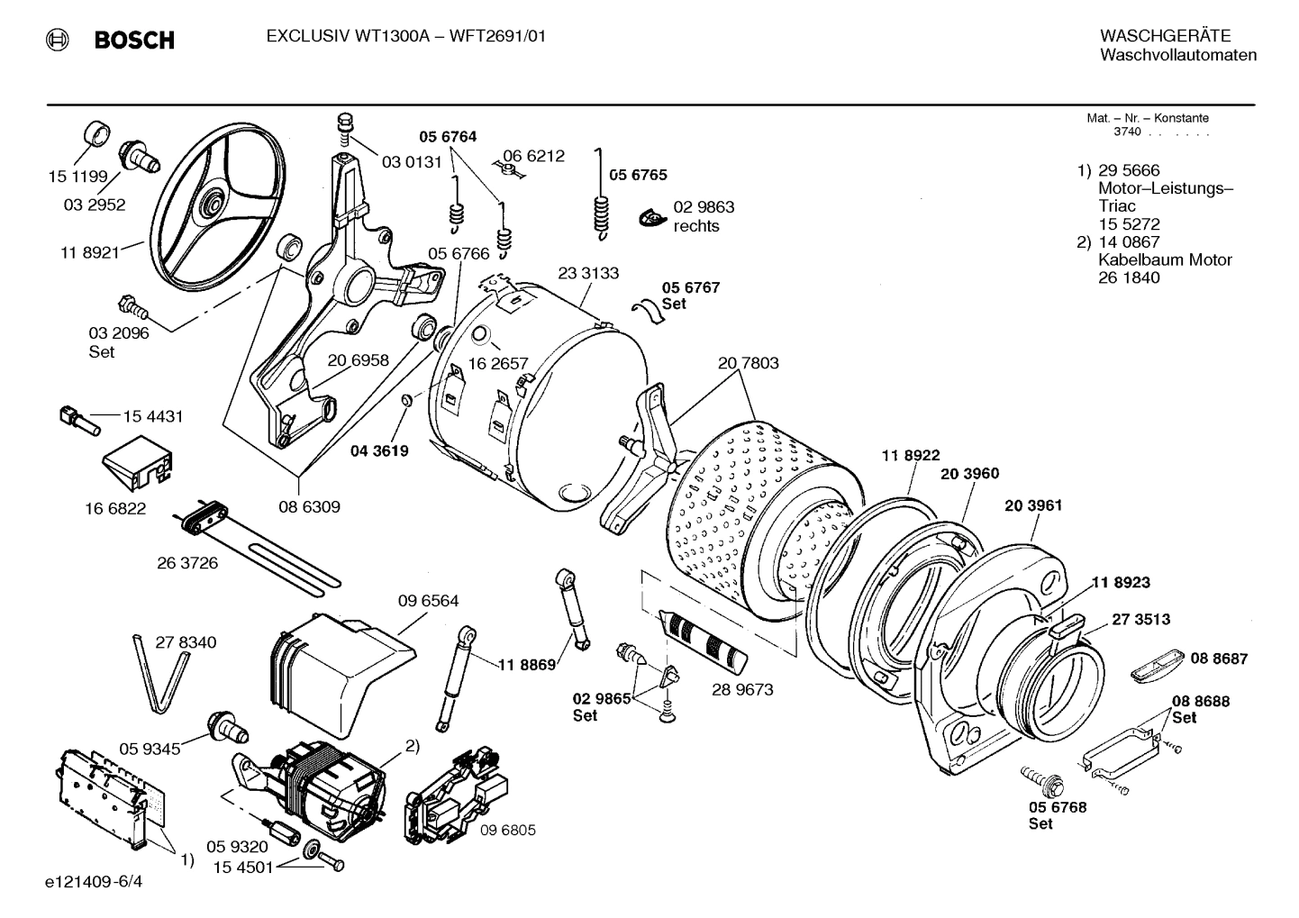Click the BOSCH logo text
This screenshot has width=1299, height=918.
tap(133, 40)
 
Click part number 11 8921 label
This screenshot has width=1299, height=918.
tap(89, 253)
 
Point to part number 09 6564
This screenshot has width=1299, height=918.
tap(428, 601)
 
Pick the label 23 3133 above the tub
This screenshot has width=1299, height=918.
tap(588, 273)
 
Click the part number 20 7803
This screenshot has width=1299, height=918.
tap(748, 363)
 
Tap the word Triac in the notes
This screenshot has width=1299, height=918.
tap(1116, 206)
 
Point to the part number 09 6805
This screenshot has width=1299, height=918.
tap(507, 830)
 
